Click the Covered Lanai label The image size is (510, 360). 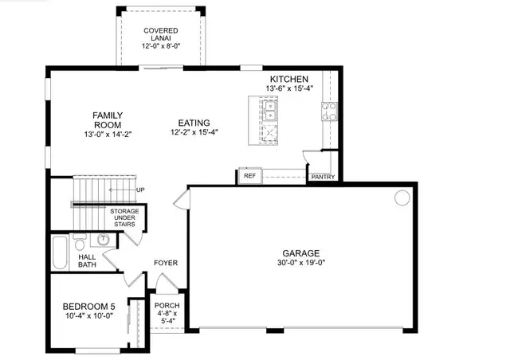pos(160,31)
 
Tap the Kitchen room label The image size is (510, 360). pos(289,79)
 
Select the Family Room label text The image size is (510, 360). pos(111,120)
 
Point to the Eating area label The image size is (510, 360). pos(194,123)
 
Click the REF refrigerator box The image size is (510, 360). pos(249,175)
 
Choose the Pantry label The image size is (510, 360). pos(323,177)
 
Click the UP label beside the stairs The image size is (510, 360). pos(140,190)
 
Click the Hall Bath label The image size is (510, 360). pos(88,260)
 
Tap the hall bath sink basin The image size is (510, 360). pos(103,239)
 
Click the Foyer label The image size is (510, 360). pos(165,263)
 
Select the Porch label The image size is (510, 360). pos(167,306)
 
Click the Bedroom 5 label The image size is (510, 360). pos(89,306)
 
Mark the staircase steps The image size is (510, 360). pos(104,191)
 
